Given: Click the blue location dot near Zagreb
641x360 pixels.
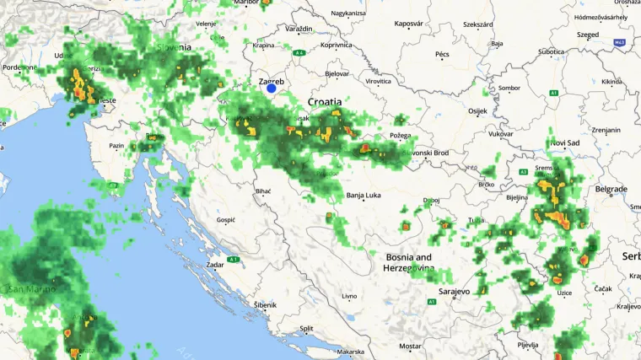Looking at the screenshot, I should [x=272, y=88].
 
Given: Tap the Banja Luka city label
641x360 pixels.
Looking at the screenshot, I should [x=364, y=196].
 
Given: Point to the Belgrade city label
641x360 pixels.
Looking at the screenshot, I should [x=611, y=189].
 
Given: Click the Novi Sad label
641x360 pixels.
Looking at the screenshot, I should [x=564, y=143].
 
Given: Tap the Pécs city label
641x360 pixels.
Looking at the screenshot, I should [x=442, y=54].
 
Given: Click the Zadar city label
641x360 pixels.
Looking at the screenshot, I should [x=214, y=264].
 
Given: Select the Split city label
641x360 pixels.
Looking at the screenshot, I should [x=306, y=329].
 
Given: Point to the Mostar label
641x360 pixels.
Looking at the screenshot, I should [x=410, y=346].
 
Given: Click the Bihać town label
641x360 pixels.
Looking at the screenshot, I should [x=263, y=191].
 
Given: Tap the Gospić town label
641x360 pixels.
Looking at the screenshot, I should [x=226, y=219].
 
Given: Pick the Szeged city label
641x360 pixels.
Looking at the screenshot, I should [x=588, y=35].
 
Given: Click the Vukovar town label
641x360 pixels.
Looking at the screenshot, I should [x=500, y=134].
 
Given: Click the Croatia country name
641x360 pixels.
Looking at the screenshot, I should [x=325, y=101].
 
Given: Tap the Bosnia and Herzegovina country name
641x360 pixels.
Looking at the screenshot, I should [x=409, y=262].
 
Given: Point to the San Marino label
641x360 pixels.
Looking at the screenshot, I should [x=32, y=288].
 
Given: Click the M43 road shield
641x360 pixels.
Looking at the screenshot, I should [x=620, y=41].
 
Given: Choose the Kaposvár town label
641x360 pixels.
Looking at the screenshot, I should [x=408, y=24].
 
